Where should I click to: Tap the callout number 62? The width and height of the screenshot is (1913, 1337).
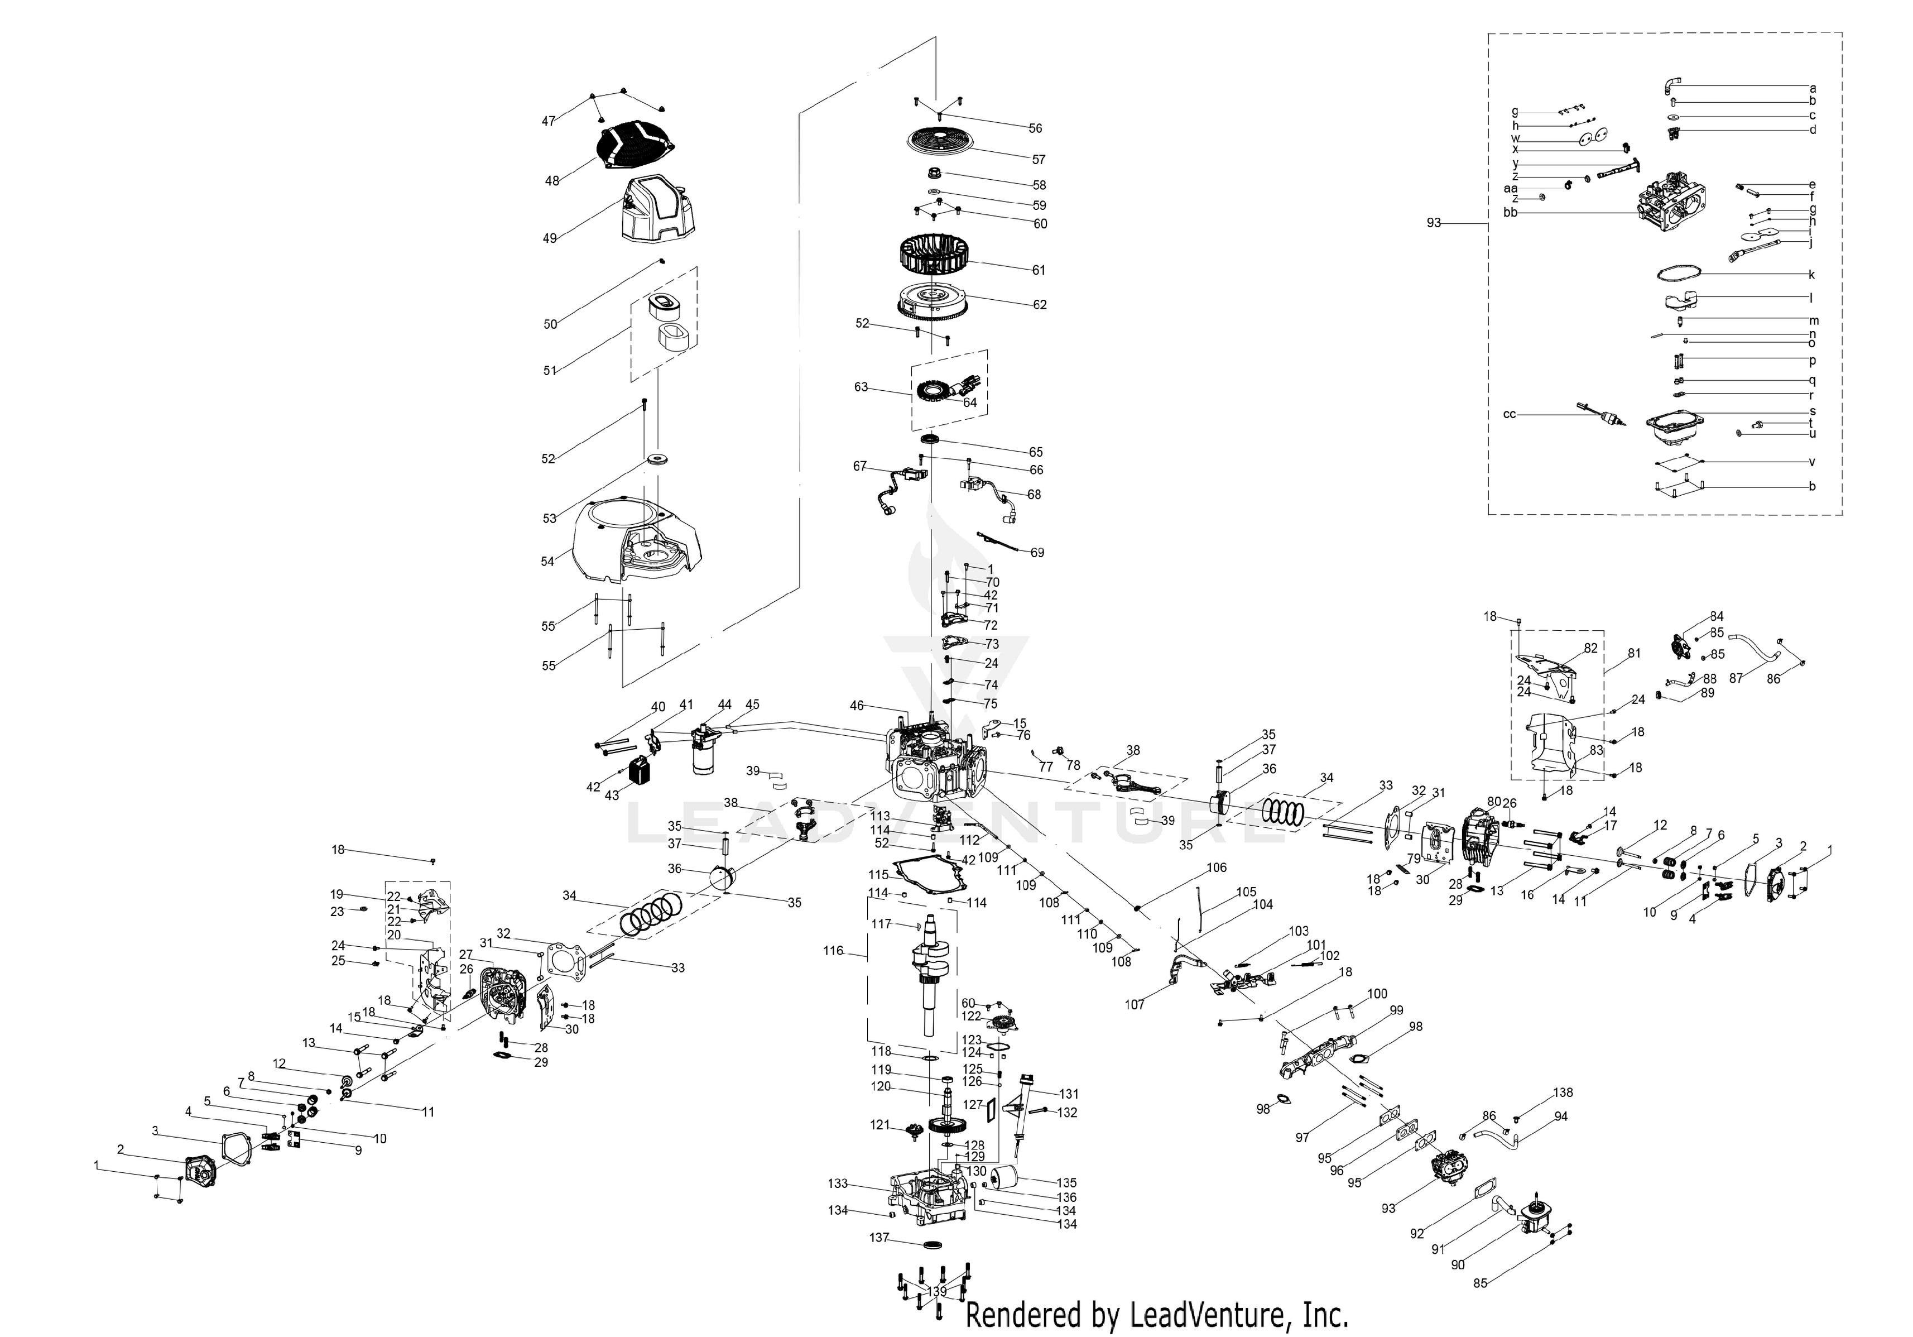click(1039, 305)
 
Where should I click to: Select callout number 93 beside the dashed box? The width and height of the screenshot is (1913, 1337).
click(1433, 223)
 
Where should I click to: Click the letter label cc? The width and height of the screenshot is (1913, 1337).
click(1509, 414)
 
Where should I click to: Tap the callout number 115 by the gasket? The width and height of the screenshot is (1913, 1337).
click(878, 875)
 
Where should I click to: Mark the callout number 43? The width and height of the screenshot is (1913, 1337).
click(612, 796)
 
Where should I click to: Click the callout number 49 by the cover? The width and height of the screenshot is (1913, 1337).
click(549, 238)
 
